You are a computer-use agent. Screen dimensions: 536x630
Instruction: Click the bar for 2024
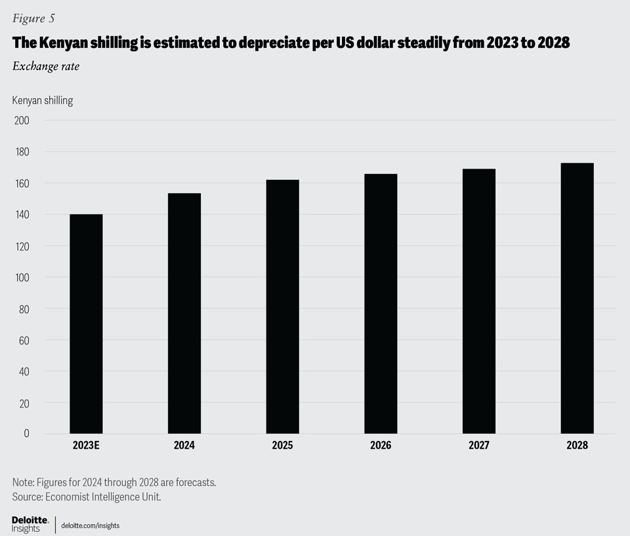[184, 313]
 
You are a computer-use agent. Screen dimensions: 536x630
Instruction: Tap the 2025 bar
[282, 306]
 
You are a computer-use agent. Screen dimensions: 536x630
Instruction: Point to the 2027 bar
[479, 301]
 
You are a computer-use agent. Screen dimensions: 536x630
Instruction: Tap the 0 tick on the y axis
[26, 434]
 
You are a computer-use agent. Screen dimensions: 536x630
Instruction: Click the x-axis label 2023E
[86, 445]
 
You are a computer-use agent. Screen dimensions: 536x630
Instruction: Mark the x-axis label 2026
[381, 445]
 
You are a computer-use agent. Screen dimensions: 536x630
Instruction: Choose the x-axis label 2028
[577, 445]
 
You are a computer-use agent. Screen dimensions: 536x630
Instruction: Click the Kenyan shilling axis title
[43, 100]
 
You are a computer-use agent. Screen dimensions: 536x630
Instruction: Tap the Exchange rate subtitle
[46, 66]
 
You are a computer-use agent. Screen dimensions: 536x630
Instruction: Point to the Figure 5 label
[33, 18]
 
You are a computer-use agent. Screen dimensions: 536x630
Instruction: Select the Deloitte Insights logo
[30, 524]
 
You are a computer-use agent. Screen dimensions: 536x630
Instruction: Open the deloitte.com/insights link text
[90, 526]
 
